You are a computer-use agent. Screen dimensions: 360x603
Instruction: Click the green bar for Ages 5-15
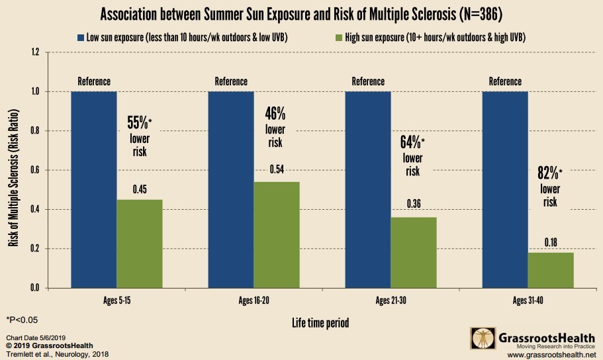[139, 244]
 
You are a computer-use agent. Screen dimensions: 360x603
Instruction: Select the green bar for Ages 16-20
[277, 235]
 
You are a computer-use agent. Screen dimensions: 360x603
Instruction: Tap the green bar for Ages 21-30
[414, 252]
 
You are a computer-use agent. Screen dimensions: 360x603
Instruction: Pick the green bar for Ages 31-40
[551, 270]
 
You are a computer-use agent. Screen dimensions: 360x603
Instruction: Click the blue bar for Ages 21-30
[368, 189]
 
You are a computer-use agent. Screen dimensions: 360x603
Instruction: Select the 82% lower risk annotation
[550, 187]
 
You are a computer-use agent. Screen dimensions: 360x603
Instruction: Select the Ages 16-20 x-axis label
[254, 301]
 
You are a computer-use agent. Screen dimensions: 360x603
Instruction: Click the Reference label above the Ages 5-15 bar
[94, 81]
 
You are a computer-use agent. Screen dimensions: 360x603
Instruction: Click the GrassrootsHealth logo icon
[481, 339]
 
